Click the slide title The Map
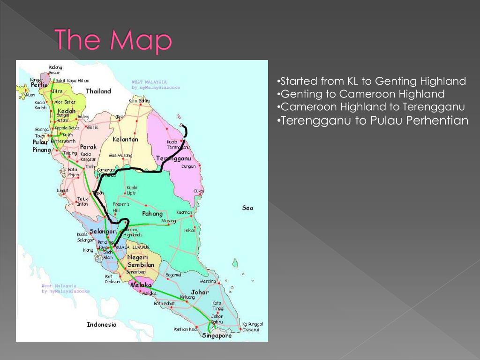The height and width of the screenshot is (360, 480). (x=113, y=40)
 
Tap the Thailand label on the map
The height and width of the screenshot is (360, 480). (x=98, y=91)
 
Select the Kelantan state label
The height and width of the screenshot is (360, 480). (x=125, y=139)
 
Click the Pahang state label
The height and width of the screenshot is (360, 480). (x=152, y=214)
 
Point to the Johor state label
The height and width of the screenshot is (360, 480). (x=200, y=292)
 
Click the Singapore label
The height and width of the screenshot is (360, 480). (x=217, y=336)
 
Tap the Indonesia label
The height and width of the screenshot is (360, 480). (x=101, y=324)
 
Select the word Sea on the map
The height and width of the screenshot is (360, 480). (x=247, y=208)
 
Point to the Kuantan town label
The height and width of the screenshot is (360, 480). (x=184, y=212)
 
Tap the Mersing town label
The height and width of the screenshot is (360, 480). (x=208, y=281)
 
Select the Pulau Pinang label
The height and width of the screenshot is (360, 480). (x=41, y=146)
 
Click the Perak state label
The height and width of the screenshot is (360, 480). (x=88, y=147)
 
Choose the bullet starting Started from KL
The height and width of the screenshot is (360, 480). (x=371, y=81)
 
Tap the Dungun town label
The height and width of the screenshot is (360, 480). (x=188, y=166)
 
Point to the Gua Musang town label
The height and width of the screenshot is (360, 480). (x=120, y=155)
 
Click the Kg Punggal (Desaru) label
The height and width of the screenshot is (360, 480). (x=252, y=327)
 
